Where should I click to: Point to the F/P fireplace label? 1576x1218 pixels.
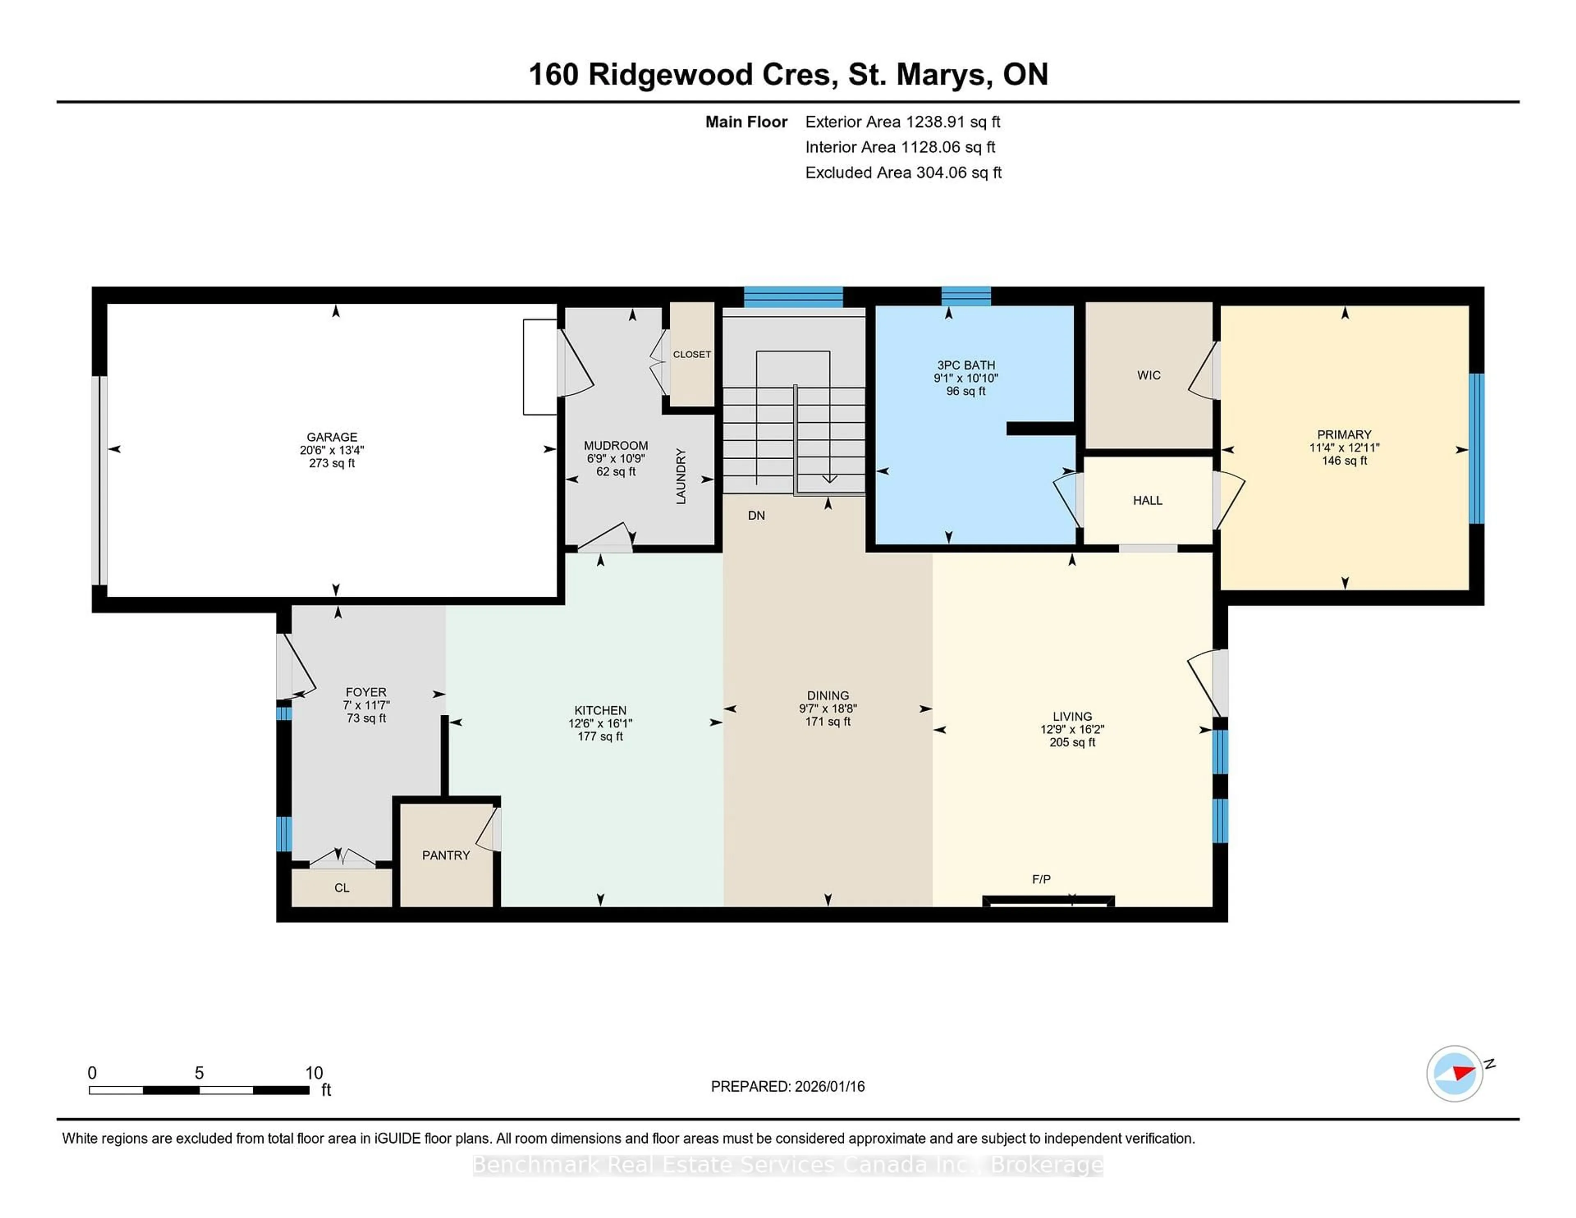[x=1040, y=879]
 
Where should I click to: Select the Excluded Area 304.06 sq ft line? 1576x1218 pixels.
[x=903, y=172]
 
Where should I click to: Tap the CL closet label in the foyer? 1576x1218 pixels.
[x=341, y=888]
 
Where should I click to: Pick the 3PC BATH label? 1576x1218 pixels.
[x=966, y=365]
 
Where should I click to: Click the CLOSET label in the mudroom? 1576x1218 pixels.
[x=691, y=354]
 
